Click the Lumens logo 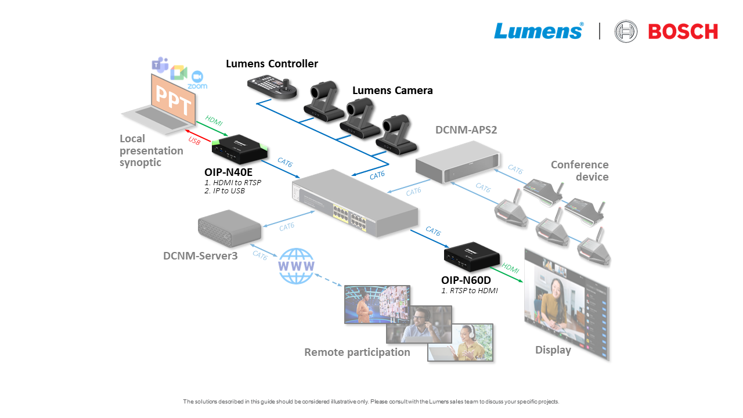[x=538, y=31]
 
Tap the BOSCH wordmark [x=683, y=31]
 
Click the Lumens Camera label [x=392, y=91]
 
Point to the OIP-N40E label [x=228, y=172]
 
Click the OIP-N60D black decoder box [x=472, y=255]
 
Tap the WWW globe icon [x=296, y=266]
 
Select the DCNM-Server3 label [x=200, y=255]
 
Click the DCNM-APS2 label [x=466, y=129]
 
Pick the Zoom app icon [x=197, y=78]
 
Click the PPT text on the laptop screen [x=172, y=98]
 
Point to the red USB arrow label [x=194, y=140]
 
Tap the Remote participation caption [x=357, y=352]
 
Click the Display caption [x=553, y=350]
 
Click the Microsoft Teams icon [x=160, y=65]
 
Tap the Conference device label [x=579, y=171]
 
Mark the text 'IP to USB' [x=227, y=190]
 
